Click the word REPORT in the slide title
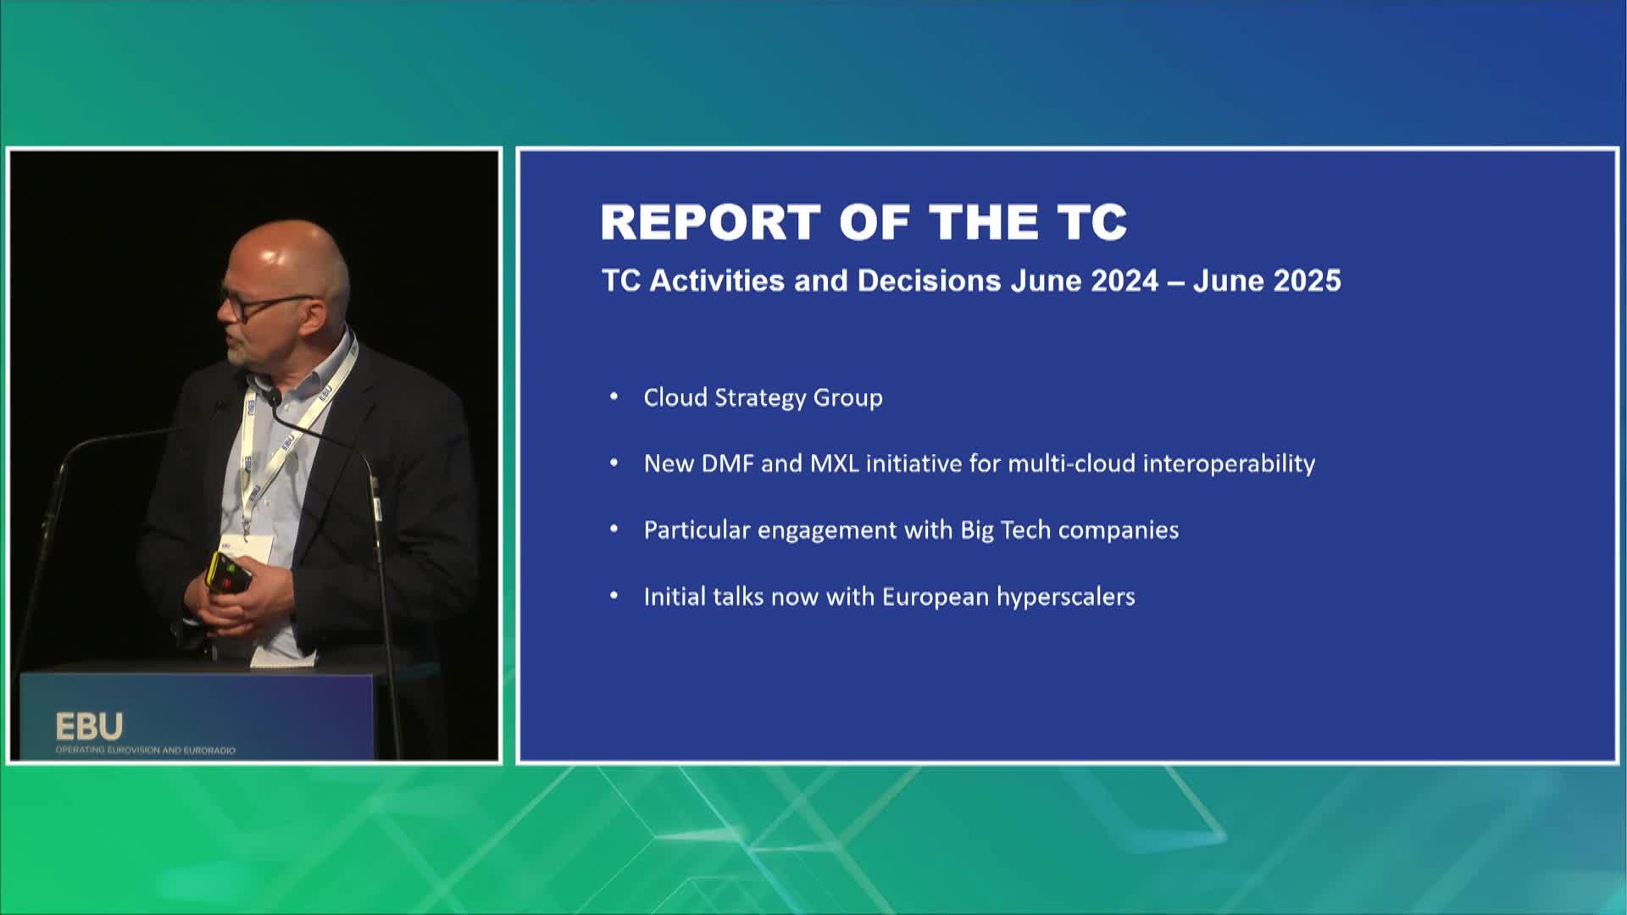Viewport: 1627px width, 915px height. click(x=710, y=222)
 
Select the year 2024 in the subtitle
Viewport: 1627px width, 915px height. click(x=1124, y=280)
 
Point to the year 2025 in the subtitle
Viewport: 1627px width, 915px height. click(x=1308, y=280)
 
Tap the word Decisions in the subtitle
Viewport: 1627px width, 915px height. click(x=929, y=280)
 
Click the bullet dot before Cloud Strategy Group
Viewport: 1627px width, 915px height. click(x=614, y=397)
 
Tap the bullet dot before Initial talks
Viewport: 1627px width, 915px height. click(x=614, y=596)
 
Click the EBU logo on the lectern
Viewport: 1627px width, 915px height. click(x=89, y=727)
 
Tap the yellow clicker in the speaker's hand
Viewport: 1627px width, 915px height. click(x=229, y=574)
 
